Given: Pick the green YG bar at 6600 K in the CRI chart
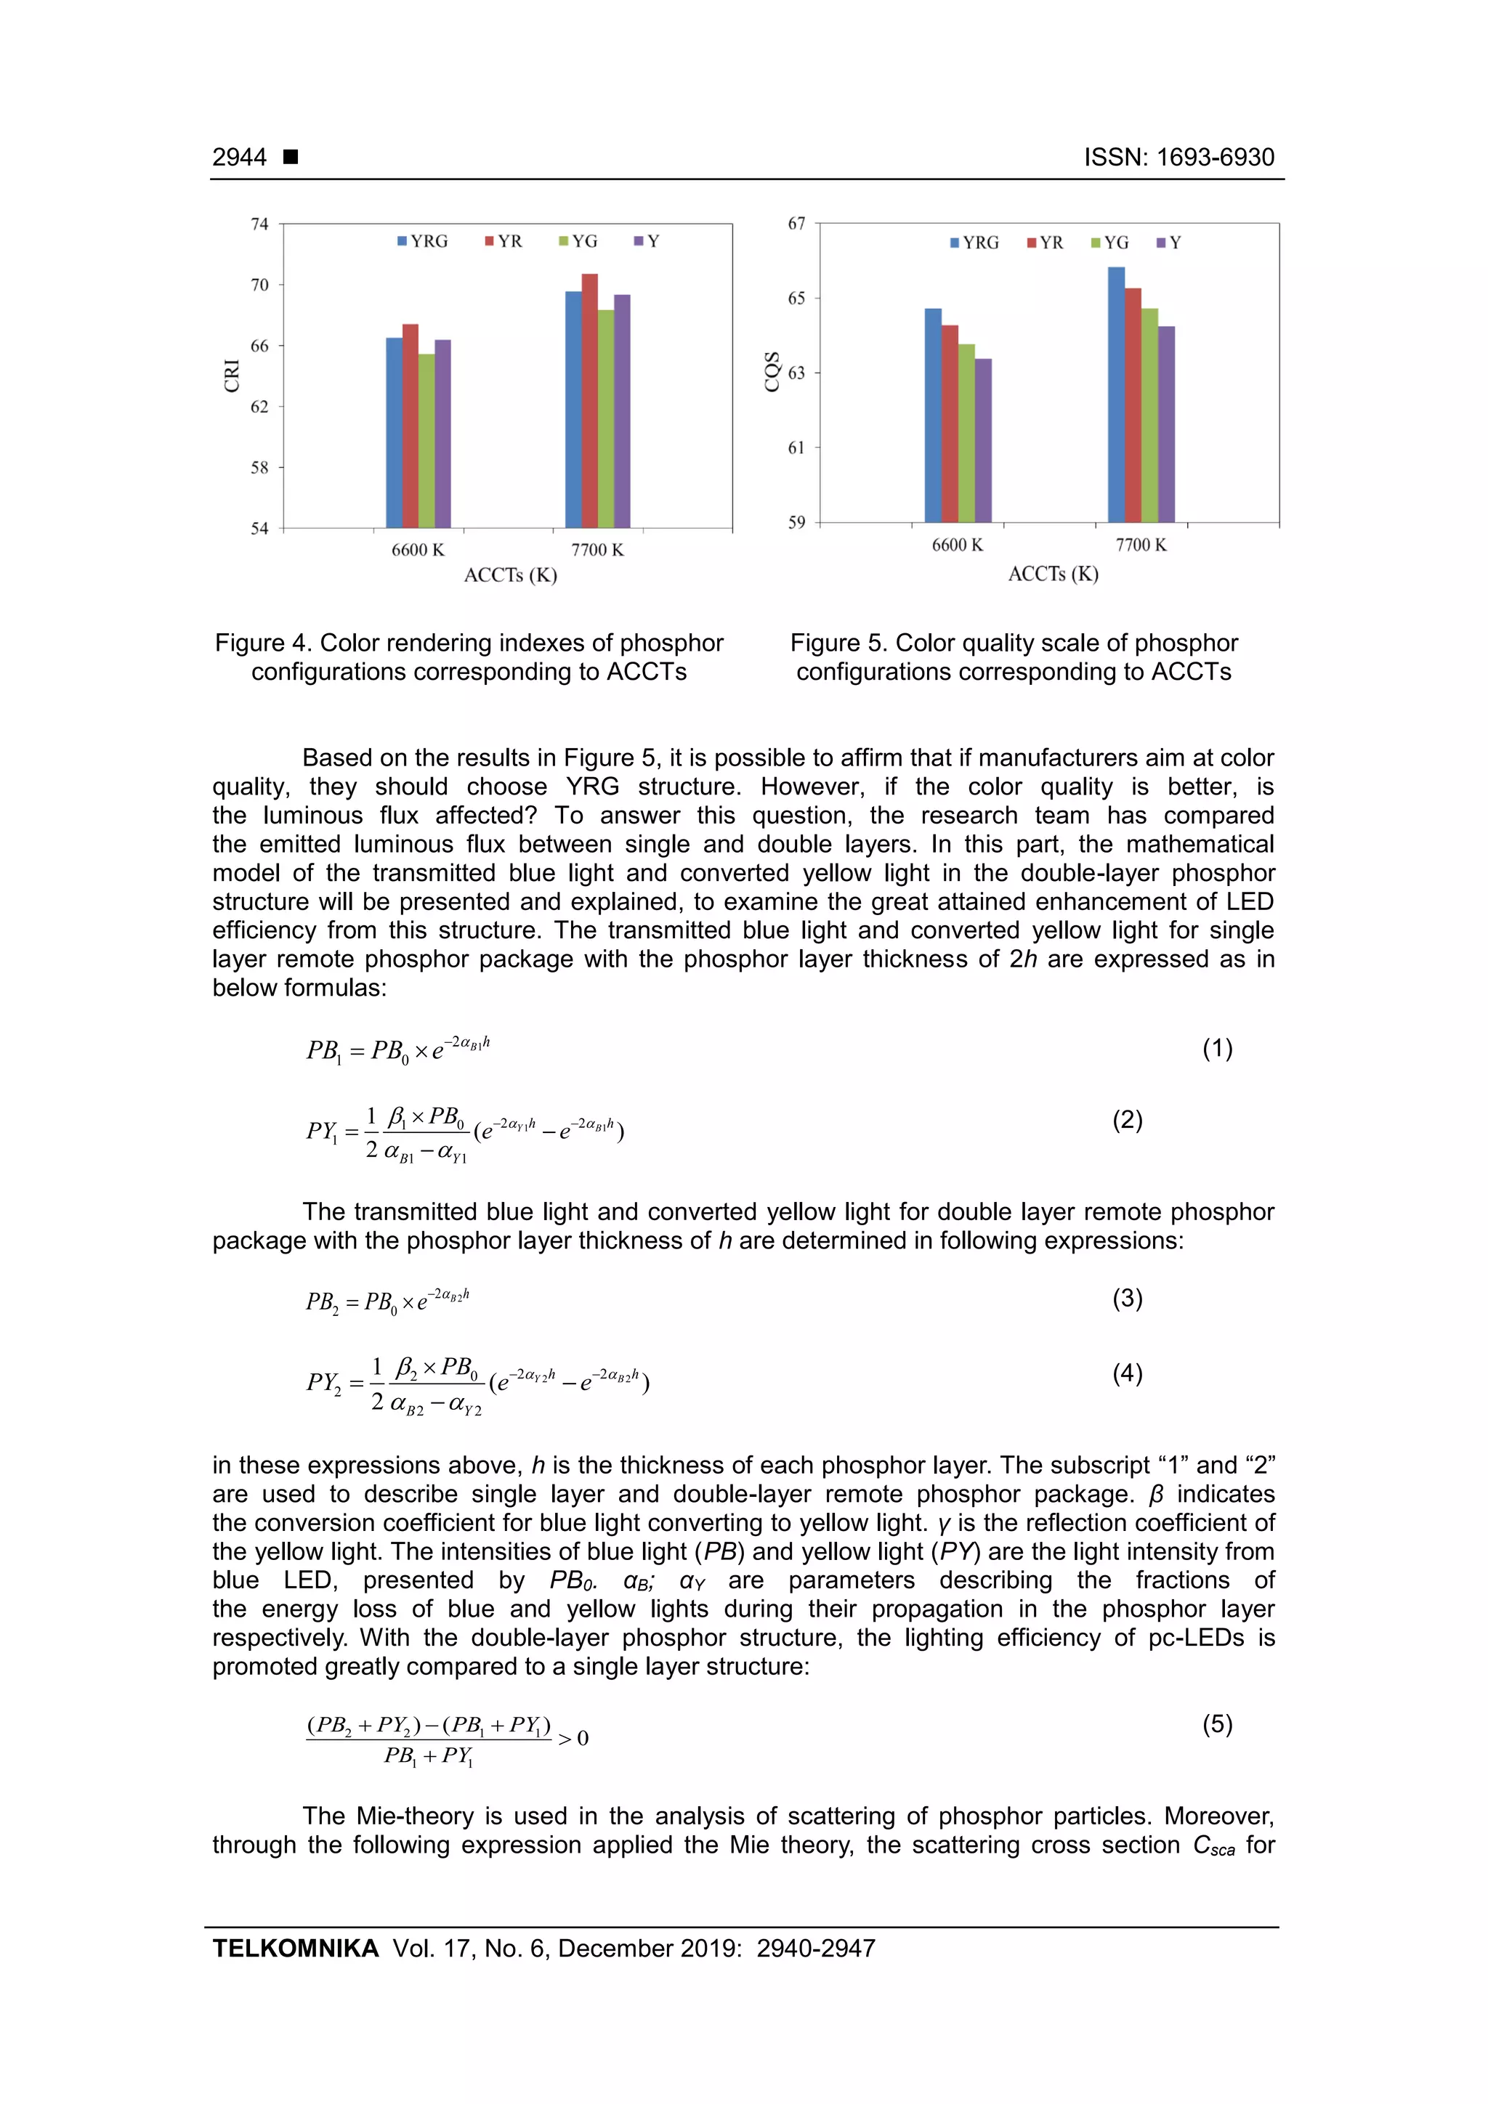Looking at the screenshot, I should [x=426, y=441].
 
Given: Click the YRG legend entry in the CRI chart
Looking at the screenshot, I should [x=423, y=241].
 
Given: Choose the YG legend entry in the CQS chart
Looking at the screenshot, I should [x=1109, y=243].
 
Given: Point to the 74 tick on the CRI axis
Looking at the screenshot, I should [x=260, y=224].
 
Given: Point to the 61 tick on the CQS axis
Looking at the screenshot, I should [x=796, y=447].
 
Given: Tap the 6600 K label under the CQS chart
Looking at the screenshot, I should [x=957, y=545].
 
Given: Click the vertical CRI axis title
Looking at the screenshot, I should [x=231, y=375].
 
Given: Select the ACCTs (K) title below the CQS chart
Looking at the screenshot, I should [x=1053, y=574].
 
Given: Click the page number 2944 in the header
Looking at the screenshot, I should [x=239, y=157].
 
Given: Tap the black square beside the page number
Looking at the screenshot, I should [x=291, y=157].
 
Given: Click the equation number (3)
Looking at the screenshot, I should [x=1127, y=1298].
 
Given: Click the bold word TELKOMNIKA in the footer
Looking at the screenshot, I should [x=295, y=1949].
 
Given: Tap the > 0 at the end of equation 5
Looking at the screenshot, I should [x=573, y=1739].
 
